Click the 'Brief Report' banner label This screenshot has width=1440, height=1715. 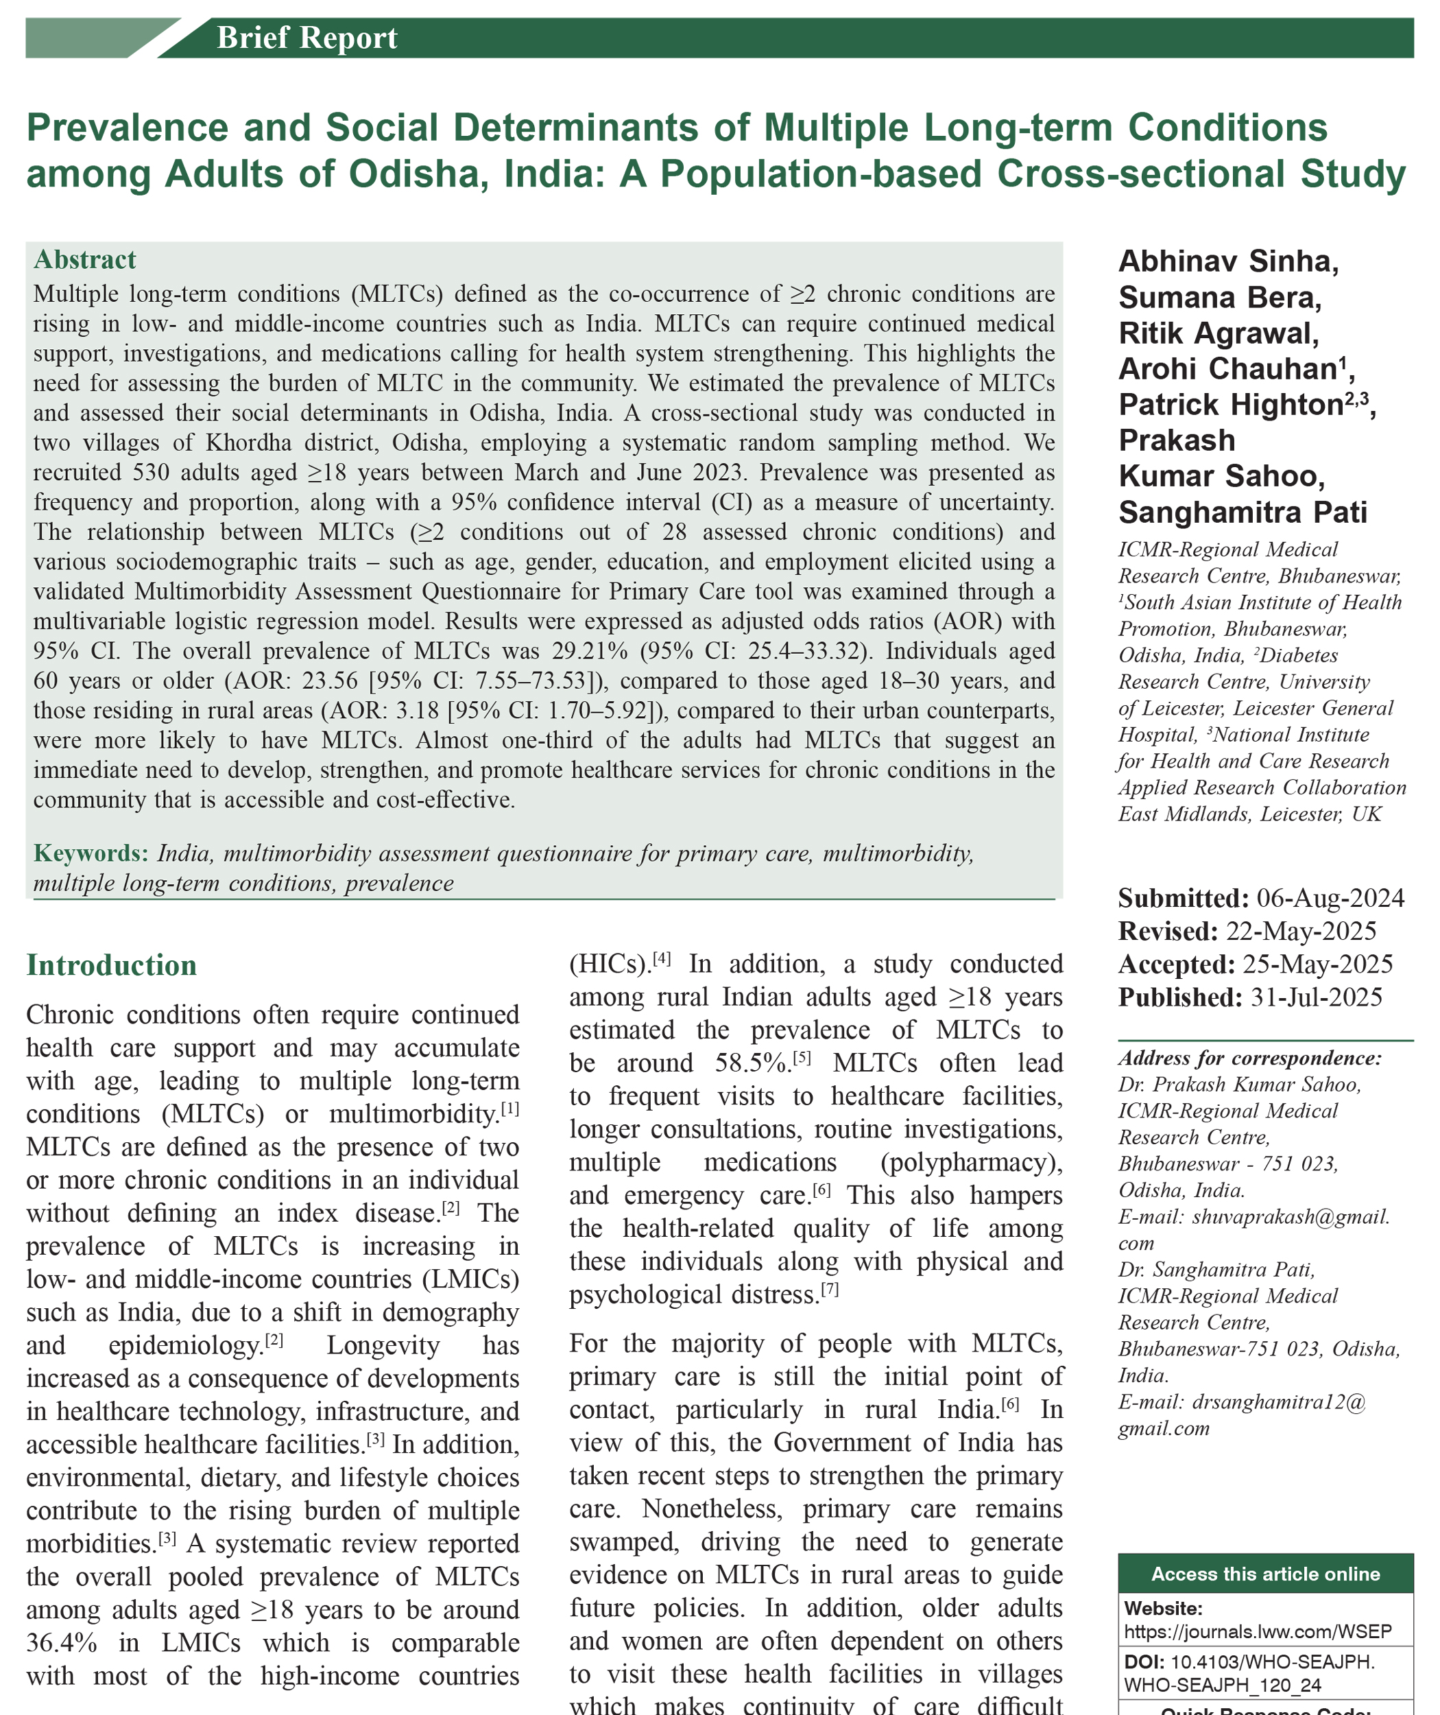coord(307,38)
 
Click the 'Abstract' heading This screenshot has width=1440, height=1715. coord(85,260)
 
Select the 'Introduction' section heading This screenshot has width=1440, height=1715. coord(111,965)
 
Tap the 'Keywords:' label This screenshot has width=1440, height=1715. coord(91,853)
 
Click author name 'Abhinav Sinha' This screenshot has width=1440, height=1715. coord(1227,261)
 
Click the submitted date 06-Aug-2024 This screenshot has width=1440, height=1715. coord(1330,899)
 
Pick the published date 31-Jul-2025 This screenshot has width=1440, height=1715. coord(1316,997)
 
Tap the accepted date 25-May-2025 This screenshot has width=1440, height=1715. coord(1317,965)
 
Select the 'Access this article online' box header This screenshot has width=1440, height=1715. coord(1265,1574)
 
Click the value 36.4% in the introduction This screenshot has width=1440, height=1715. coord(61,1642)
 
